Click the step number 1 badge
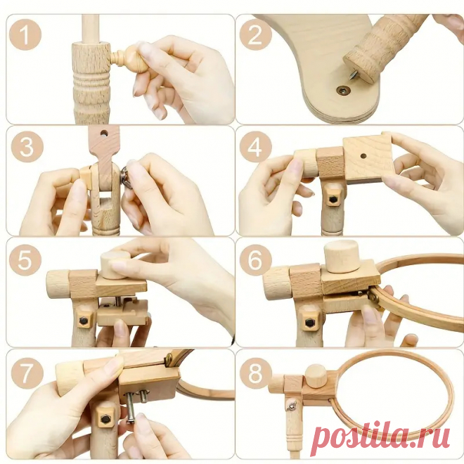coord(25,35)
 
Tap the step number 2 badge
coord(256,34)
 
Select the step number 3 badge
coord(27,147)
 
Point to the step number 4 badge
coord(256,147)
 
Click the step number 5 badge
coord(25,259)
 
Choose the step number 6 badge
coord(256,259)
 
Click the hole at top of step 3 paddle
coord(104,133)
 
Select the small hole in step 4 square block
coord(363,155)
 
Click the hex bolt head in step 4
coord(333,200)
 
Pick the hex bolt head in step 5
coord(83,320)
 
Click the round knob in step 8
coord(316,376)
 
